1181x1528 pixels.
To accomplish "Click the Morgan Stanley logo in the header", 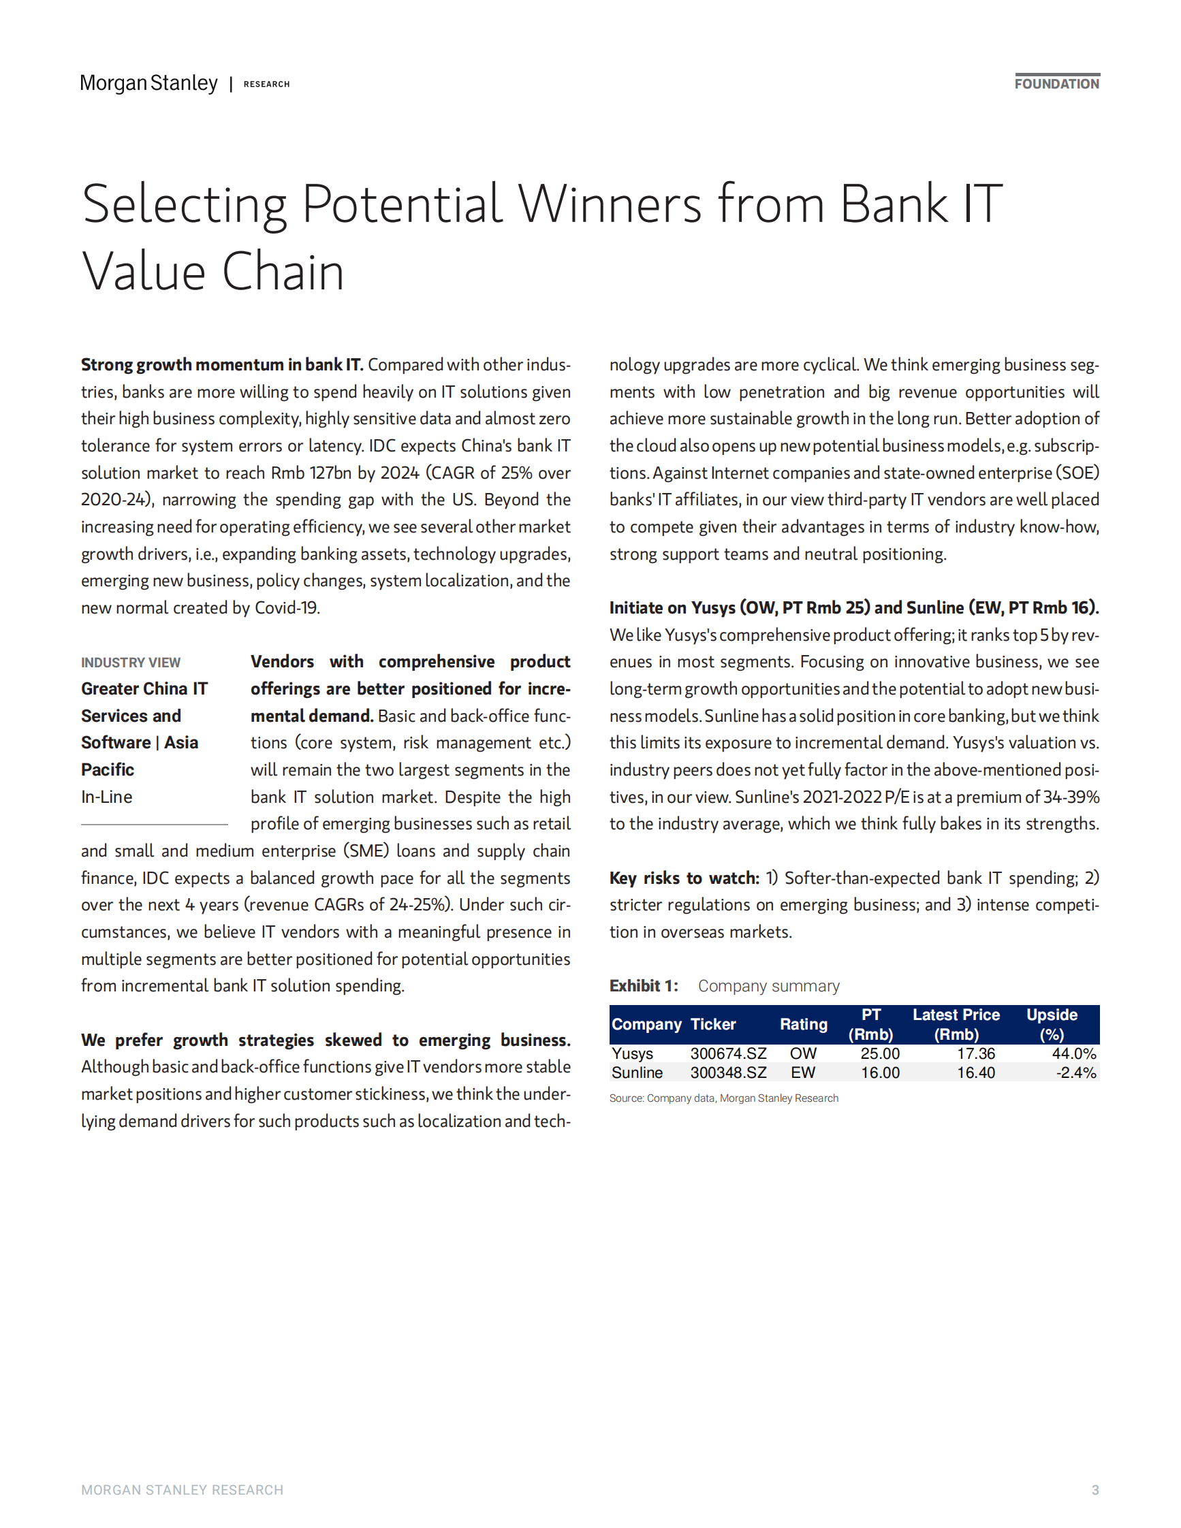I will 148,83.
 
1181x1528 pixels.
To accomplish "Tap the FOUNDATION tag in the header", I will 1056,84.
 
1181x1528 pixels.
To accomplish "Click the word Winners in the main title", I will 609,204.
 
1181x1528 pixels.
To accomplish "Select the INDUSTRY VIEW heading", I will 131,663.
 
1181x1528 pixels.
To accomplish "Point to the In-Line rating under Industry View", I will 106,797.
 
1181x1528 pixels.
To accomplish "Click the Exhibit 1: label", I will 643,986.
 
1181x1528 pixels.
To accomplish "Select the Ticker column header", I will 713,1024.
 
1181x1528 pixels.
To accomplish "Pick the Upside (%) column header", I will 1052,1024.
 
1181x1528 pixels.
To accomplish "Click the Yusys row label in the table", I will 633,1053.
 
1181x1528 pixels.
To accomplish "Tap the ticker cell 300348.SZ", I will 728,1072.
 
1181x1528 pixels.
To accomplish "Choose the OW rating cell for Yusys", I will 803,1053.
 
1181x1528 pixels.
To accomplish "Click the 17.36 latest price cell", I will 976,1053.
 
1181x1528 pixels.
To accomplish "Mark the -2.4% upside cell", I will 1076,1072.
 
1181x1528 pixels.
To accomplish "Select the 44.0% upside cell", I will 1074,1053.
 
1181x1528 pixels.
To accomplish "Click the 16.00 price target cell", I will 880,1072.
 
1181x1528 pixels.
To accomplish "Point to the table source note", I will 723,1098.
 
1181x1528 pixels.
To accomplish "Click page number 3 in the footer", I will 1095,1491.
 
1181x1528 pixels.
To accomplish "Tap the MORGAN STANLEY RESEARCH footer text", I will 182,1491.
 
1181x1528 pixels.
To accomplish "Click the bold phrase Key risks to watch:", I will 684,878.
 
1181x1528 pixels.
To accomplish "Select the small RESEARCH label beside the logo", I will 266,84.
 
